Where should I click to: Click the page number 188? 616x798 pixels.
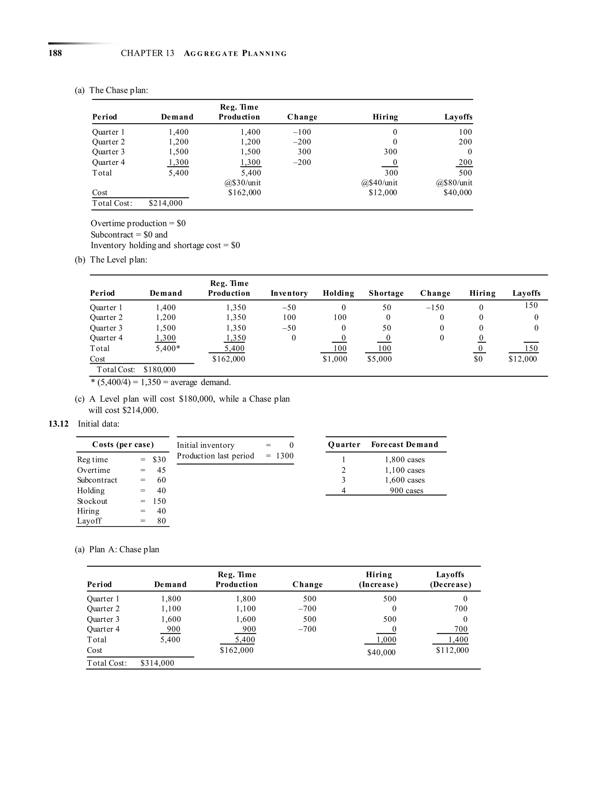tap(55, 53)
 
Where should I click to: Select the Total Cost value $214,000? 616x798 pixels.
tap(165, 203)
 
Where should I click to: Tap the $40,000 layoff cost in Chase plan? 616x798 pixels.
tap(457, 192)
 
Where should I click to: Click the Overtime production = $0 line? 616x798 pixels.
tap(138, 223)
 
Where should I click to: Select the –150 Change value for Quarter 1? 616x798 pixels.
tap(435, 308)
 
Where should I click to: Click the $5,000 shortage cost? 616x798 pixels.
tap(379, 359)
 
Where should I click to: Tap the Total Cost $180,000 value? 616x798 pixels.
tap(159, 369)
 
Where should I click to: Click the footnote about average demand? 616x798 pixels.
tap(161, 382)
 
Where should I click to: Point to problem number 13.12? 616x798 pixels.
tap(58, 424)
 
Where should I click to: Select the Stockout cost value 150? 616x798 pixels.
tap(159, 501)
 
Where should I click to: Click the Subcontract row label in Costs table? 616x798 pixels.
tap(97, 480)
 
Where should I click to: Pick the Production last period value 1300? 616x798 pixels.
tap(285, 456)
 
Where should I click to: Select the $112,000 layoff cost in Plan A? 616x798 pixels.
tap(452, 650)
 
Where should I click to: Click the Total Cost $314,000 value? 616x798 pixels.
tap(157, 663)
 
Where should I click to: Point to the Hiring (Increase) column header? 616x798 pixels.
tap(378, 579)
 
